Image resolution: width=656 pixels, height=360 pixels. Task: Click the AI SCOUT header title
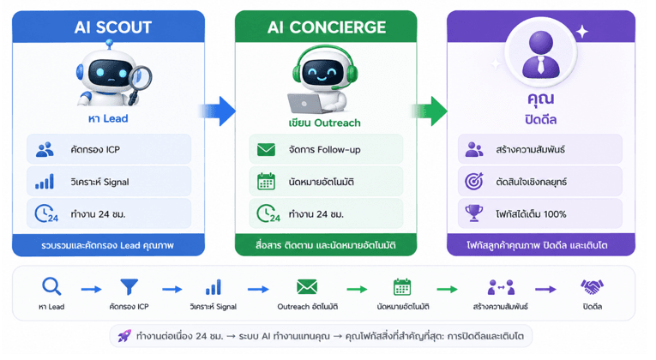[x=113, y=27]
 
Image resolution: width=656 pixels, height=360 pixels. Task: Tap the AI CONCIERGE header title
[x=327, y=27]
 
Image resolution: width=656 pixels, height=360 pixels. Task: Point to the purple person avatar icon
[x=541, y=55]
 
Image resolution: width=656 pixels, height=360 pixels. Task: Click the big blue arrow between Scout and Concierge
[x=218, y=111]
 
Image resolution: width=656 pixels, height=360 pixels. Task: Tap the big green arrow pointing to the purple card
[x=430, y=111]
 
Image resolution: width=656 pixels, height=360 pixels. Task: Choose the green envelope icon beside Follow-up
[x=266, y=149]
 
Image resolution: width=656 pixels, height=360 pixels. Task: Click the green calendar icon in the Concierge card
[x=266, y=182]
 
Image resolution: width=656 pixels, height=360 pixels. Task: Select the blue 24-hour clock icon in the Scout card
[x=46, y=213]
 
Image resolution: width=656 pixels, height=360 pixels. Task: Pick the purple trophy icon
[x=474, y=213]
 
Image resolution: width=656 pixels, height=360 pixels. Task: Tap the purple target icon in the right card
[x=474, y=181]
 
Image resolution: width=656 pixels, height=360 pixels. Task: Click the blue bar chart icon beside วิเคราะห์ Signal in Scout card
[x=45, y=182]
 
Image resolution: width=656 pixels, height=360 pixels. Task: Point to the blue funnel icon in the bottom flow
[x=129, y=287]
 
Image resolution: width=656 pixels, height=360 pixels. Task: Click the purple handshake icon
[x=592, y=287]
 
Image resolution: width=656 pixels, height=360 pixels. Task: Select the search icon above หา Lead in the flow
[x=51, y=287]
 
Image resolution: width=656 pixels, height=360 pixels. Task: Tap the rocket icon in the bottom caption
[x=124, y=336]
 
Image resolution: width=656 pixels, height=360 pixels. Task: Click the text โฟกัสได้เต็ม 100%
[x=531, y=214]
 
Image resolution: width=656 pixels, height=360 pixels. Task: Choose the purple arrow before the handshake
[x=545, y=290]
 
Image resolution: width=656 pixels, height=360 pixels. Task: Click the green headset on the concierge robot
[x=325, y=67]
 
